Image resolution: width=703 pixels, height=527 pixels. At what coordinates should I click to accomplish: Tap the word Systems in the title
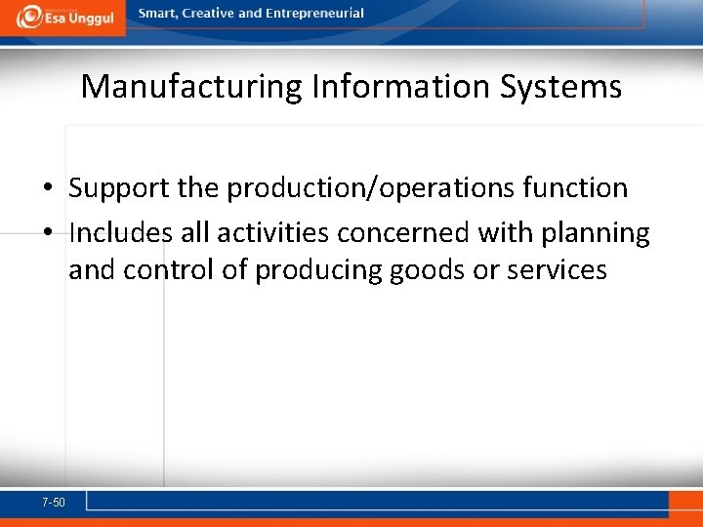click(560, 87)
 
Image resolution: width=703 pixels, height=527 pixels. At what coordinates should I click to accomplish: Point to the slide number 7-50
click(54, 503)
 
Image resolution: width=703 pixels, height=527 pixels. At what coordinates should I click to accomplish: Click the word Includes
click(139, 233)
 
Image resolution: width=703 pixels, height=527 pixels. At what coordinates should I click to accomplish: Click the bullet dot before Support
click(47, 188)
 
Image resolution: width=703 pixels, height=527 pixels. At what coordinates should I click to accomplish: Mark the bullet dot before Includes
click(47, 234)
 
